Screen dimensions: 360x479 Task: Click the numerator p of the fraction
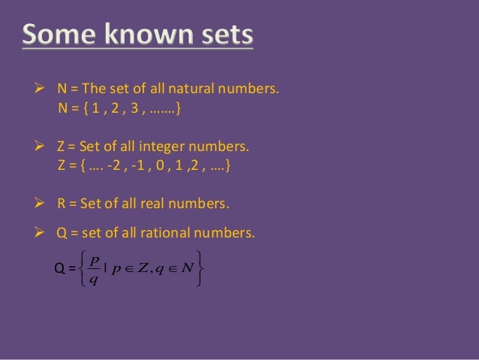point(92,259)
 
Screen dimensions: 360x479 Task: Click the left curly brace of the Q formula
point(78,268)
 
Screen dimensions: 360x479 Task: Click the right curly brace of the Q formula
point(198,268)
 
